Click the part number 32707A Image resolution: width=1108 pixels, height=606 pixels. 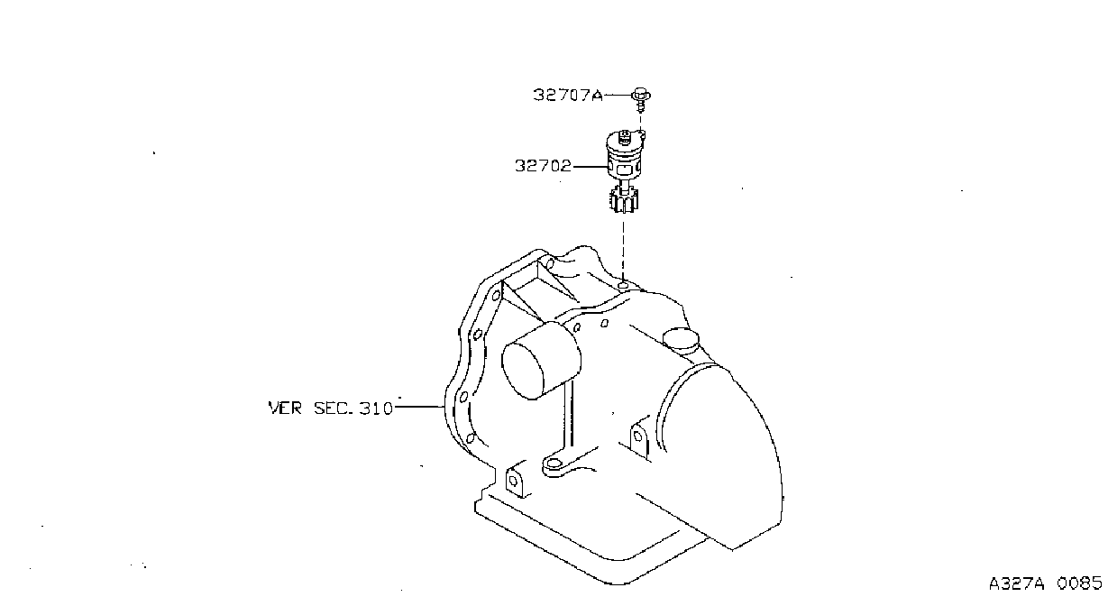coord(568,95)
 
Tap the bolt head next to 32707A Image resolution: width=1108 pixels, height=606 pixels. coord(641,94)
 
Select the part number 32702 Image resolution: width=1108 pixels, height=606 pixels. coord(543,165)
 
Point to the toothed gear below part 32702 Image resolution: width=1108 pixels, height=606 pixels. coord(623,200)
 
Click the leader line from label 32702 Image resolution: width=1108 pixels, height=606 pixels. coord(591,167)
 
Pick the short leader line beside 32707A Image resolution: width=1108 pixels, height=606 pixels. coord(618,95)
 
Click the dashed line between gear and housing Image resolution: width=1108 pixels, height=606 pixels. coord(623,250)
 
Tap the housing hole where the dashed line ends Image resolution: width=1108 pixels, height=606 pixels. coord(623,286)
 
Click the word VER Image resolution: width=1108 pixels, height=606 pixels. coord(285,409)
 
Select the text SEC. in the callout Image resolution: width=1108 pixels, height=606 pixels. coord(334,409)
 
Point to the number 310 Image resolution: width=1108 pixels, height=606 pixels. coord(375,409)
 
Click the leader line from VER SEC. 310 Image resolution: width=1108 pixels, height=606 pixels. coord(420,407)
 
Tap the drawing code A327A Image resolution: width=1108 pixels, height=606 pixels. coord(1016,583)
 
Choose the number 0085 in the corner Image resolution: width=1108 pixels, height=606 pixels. coord(1080,583)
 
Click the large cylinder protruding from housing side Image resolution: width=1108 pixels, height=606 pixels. coord(541,360)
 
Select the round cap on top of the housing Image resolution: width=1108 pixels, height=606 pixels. coord(681,338)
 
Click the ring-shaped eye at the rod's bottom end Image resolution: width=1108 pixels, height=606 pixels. coord(554,464)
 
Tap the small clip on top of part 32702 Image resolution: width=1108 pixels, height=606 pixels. coord(624,137)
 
